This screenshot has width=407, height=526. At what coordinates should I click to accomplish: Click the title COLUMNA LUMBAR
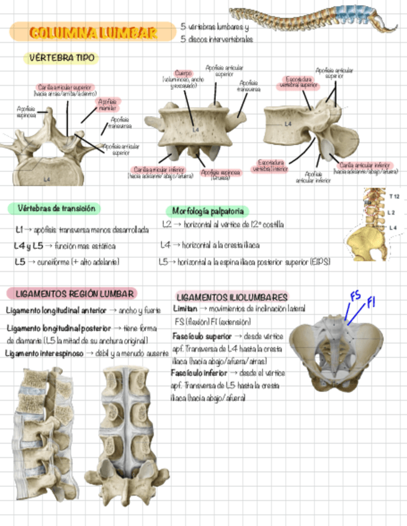tap(93, 32)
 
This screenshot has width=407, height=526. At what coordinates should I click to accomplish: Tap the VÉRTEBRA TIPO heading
tap(60, 58)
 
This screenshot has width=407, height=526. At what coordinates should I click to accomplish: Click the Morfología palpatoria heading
tap(207, 211)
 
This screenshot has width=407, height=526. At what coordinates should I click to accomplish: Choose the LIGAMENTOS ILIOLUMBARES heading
tap(231, 297)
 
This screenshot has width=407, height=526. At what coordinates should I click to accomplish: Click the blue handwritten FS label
tap(356, 296)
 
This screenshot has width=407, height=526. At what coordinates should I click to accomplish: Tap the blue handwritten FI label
tap(372, 303)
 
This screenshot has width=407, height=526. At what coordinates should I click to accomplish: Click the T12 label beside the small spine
tap(394, 197)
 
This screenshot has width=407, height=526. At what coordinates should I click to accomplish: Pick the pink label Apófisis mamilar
tap(107, 105)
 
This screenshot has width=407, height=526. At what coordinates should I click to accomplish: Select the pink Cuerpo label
tap(184, 73)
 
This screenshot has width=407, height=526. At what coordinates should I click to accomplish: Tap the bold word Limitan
tap(186, 308)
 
